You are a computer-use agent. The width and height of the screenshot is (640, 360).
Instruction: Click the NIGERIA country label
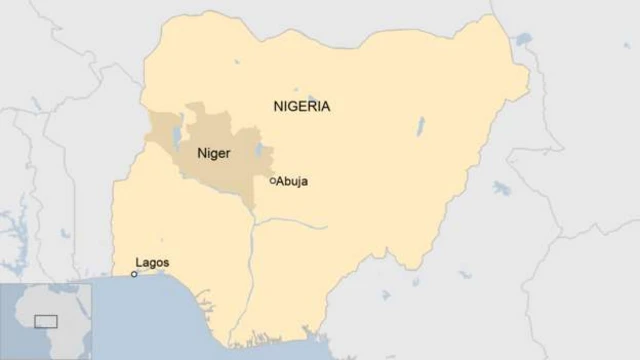click(x=300, y=106)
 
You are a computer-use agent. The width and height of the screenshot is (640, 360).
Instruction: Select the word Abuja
click(x=293, y=182)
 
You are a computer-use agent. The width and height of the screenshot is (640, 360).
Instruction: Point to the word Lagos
click(x=152, y=263)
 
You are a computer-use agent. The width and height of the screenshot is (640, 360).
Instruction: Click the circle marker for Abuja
click(x=272, y=181)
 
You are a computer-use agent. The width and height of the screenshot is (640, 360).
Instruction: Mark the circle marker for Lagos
click(x=134, y=274)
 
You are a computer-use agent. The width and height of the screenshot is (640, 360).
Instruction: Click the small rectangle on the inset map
click(x=46, y=321)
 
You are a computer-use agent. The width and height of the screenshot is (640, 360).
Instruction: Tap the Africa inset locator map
click(x=46, y=321)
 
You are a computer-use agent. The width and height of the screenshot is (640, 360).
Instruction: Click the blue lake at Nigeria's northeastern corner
click(x=523, y=39)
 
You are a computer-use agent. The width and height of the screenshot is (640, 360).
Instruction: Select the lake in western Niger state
click(x=177, y=133)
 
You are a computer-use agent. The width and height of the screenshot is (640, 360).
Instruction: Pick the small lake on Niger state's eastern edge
click(x=259, y=151)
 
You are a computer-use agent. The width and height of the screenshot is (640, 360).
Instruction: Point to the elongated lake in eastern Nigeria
click(x=421, y=126)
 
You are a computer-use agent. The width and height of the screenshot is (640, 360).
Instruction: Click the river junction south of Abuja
click(x=254, y=222)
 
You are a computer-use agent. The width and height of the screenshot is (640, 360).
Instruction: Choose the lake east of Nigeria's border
click(x=502, y=188)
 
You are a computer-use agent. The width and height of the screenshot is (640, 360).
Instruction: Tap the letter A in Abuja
click(x=280, y=182)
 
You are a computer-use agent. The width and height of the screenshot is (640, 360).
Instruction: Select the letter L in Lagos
click(x=138, y=263)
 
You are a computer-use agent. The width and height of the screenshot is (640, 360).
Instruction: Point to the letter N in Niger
click(x=201, y=155)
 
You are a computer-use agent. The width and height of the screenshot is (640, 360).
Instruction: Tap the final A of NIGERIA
click(x=325, y=106)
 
